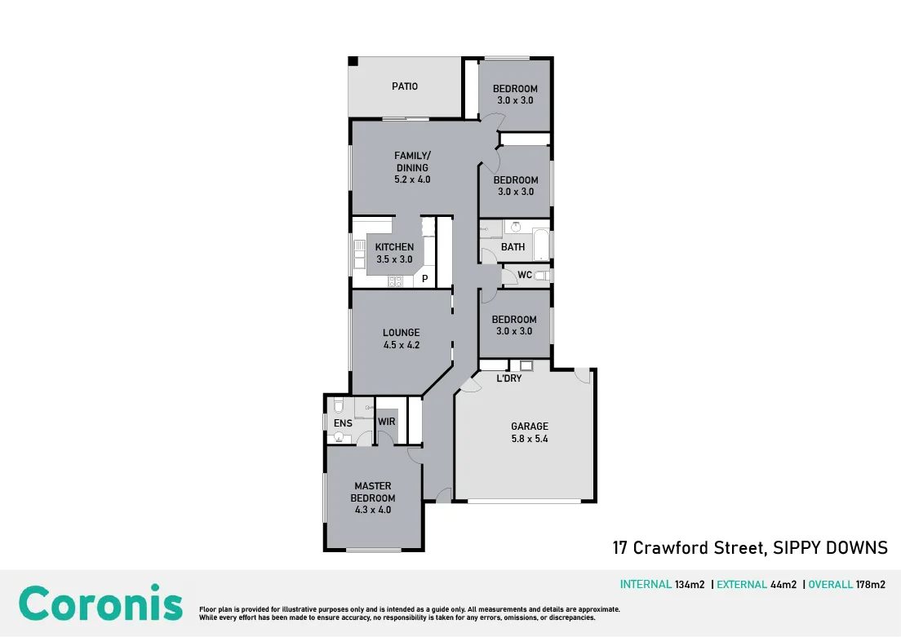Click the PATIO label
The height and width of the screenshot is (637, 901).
[405, 86]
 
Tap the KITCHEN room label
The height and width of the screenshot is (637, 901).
[394, 247]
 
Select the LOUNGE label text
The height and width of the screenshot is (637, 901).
[401, 333]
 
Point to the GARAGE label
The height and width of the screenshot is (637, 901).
[529, 427]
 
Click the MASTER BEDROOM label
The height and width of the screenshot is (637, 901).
[373, 492]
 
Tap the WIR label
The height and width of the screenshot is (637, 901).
[387, 422]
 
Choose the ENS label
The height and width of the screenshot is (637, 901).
[343, 423]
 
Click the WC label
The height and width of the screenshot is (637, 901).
[525, 275]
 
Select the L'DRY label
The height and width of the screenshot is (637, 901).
[509, 378]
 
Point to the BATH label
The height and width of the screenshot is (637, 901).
[513, 247]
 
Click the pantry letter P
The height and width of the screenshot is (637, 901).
[424, 279]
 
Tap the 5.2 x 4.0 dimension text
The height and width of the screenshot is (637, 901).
[412, 179]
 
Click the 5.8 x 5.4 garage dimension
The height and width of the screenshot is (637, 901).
[529, 439]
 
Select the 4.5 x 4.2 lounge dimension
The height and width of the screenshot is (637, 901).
[401, 345]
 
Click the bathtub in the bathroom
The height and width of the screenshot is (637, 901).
[541, 245]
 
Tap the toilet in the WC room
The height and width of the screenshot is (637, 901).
[542, 276]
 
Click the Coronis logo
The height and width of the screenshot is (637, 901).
[100, 603]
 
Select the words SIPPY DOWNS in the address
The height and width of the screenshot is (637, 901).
[830, 548]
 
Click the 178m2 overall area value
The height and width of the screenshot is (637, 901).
[871, 585]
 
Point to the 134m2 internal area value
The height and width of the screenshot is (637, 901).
[690, 585]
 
